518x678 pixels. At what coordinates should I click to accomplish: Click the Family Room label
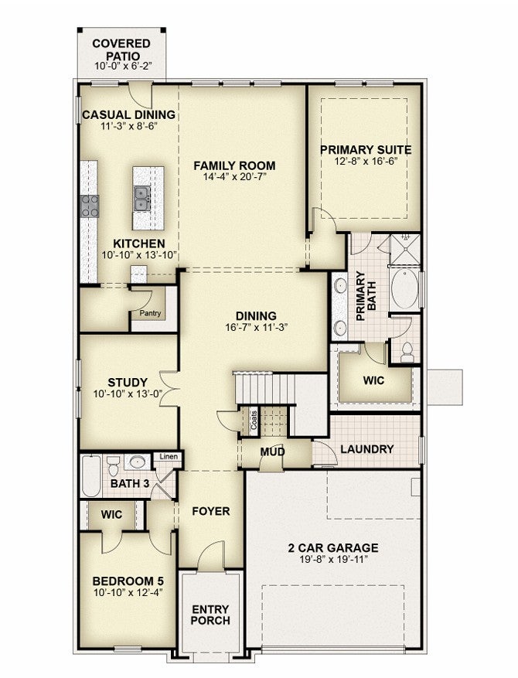point(234,165)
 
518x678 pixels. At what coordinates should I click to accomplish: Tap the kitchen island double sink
point(141,199)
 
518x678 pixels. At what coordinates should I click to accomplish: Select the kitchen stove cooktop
point(90,206)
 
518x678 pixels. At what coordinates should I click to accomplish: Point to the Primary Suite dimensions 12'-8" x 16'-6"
point(366,162)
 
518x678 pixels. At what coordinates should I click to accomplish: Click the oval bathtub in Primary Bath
point(405,288)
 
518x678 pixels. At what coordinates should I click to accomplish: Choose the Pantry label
point(150,313)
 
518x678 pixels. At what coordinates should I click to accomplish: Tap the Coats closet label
point(254,420)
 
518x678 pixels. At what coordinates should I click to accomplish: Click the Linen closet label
point(169,457)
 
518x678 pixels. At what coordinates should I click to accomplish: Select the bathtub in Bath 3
point(91,475)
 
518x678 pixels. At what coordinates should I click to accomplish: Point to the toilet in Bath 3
point(114,465)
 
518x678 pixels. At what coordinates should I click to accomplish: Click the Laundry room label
point(367,449)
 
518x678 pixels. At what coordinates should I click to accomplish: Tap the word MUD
point(272,451)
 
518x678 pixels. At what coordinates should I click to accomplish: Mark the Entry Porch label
point(210,615)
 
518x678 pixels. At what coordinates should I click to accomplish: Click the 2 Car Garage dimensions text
point(333,560)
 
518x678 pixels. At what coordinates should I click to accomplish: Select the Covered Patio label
point(122,49)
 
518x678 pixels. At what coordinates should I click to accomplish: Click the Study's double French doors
point(169,388)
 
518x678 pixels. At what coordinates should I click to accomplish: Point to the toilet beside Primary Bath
point(407,352)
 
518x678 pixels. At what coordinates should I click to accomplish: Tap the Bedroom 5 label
point(128,581)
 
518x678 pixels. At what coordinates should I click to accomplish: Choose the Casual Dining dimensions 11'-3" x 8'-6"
point(128,126)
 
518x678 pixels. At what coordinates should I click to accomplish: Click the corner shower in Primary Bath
point(404,249)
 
